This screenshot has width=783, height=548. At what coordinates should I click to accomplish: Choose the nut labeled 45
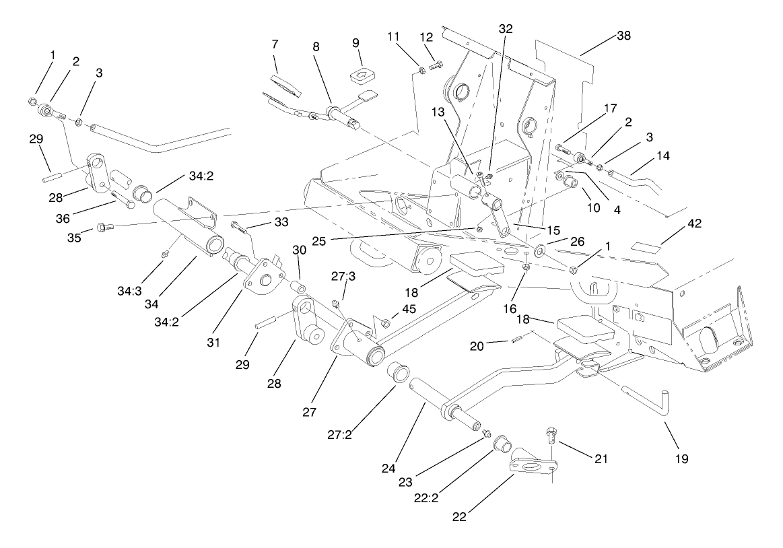click(386, 324)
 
